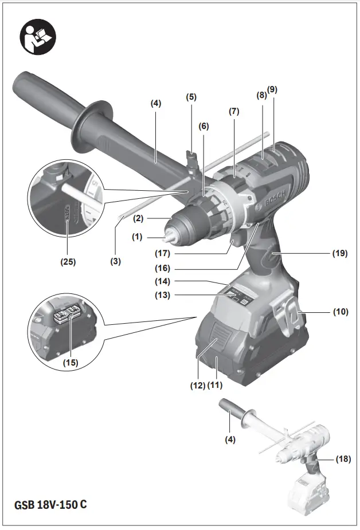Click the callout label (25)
tap(67, 262)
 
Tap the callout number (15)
tap(71, 362)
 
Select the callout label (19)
tap(339, 253)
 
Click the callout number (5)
tap(191, 97)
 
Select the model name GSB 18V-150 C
tap(51, 505)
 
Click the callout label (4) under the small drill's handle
tap(230, 440)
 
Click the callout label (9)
tap(272, 89)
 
